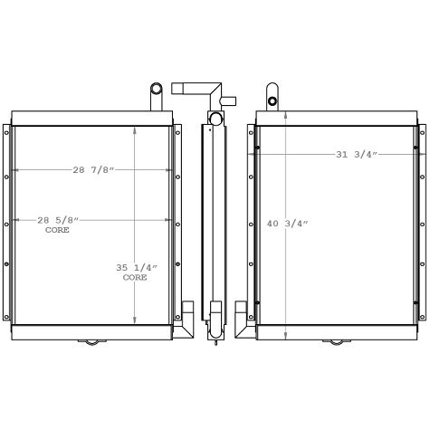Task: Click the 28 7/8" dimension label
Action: (x=94, y=170)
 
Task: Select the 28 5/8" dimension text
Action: (x=58, y=220)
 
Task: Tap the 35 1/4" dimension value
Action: (x=137, y=267)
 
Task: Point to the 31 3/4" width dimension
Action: (x=357, y=155)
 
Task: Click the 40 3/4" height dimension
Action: (x=287, y=224)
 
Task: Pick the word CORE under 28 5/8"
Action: (x=57, y=230)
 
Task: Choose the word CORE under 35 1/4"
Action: (x=135, y=277)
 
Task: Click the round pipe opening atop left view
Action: (x=157, y=89)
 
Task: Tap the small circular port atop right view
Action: (x=272, y=101)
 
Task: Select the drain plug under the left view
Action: (x=92, y=342)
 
